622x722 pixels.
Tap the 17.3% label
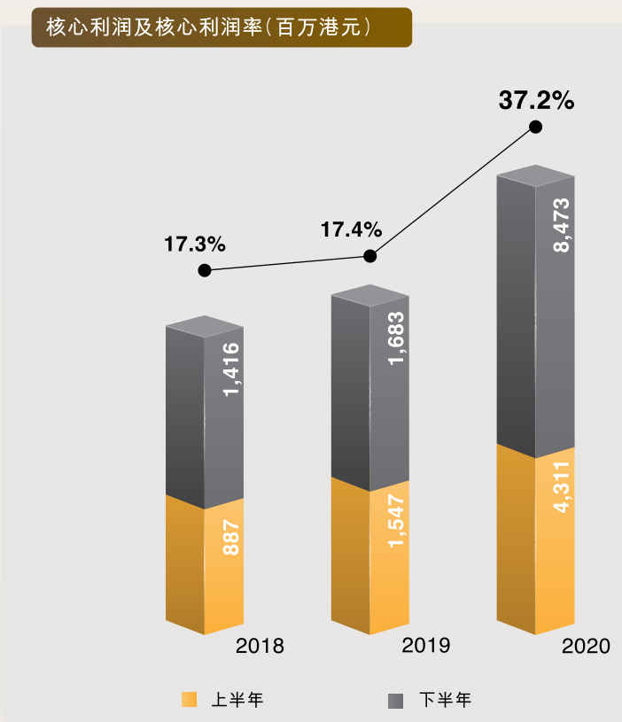coord(195,244)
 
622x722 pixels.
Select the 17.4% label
coord(351,230)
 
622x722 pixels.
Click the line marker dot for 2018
coord(205,270)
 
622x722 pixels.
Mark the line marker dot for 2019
coord(370,256)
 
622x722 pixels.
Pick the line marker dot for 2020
coord(535,127)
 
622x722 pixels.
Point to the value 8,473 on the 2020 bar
coord(560,226)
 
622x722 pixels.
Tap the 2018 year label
coord(260,646)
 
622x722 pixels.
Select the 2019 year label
coord(426,645)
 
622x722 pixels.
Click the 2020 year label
coord(587,646)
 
